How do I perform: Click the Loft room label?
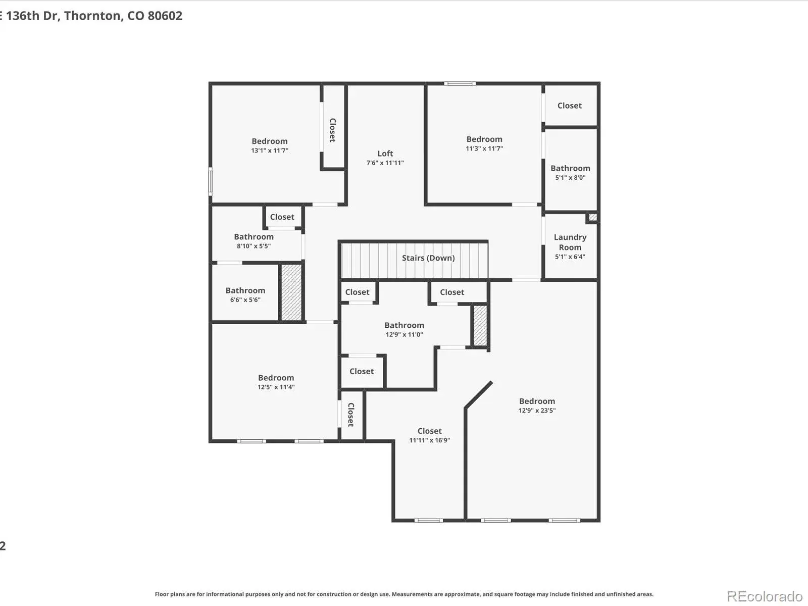tap(385, 154)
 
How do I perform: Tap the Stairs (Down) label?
tap(428, 258)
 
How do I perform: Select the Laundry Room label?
tap(570, 242)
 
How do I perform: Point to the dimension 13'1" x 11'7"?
tap(270, 150)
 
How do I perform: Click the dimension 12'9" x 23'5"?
tap(537, 411)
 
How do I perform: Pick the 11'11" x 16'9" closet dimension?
tap(430, 440)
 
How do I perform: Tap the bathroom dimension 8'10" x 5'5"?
tap(254, 246)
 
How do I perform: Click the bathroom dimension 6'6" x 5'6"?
tap(245, 300)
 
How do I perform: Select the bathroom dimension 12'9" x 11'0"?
tap(404, 335)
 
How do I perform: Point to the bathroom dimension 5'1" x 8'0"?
tap(570, 178)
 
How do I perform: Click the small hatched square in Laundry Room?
tap(592, 218)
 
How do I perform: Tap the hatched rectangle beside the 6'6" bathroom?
tap(291, 292)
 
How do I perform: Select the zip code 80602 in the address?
tap(165, 16)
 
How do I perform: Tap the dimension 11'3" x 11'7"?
tap(484, 148)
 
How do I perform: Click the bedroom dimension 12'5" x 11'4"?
tap(276, 387)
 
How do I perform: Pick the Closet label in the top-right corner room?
tap(570, 106)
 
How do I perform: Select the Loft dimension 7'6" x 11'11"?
tap(385, 163)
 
